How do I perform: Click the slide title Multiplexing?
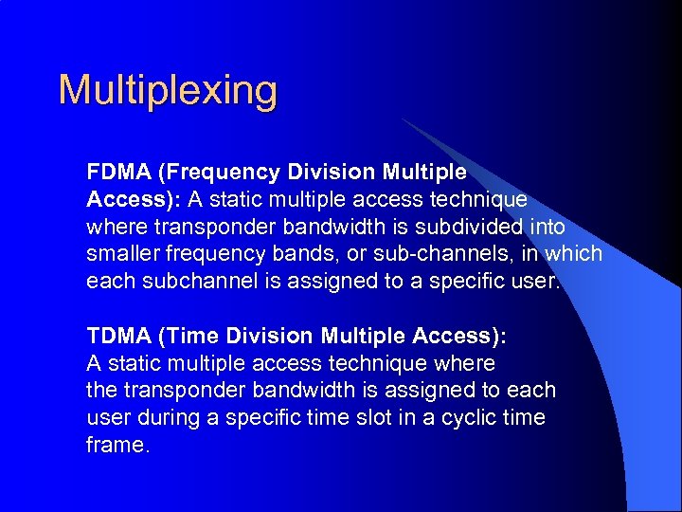pyautogui.click(x=168, y=91)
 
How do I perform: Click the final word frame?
pyautogui.click(x=116, y=446)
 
